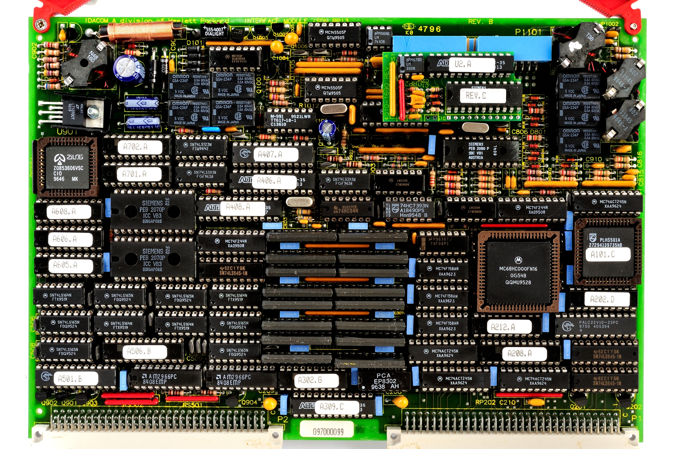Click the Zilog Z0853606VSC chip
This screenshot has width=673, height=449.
pyautogui.click(x=68, y=168)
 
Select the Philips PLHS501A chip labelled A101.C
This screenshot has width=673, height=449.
pyautogui.click(x=607, y=252)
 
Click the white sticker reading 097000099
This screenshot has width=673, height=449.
pyautogui.click(x=328, y=432)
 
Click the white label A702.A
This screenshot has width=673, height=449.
pyautogui.click(x=140, y=147)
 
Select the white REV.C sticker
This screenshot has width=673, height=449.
pyautogui.click(x=483, y=95)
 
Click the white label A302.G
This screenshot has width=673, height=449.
pyautogui.click(x=316, y=380)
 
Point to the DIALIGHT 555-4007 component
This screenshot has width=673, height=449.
pyautogui.click(x=215, y=31)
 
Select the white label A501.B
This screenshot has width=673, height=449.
pyautogui.click(x=76, y=379)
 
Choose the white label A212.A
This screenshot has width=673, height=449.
pyautogui.click(x=509, y=327)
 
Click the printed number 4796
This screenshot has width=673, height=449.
pyautogui.click(x=429, y=29)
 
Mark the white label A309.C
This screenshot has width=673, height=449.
pyautogui.click(x=337, y=407)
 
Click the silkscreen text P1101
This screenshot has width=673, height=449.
pyautogui.click(x=528, y=32)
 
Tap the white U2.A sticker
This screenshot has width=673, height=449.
pyautogui.click(x=472, y=64)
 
